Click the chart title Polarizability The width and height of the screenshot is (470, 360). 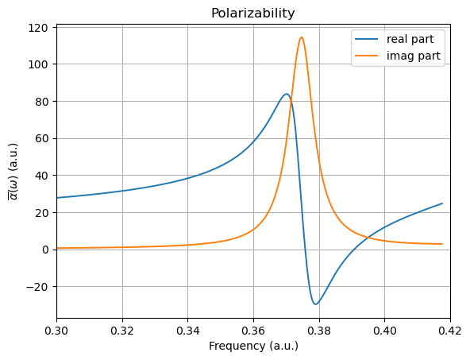tap(252, 14)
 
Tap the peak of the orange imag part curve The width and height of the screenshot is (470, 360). tap(301, 37)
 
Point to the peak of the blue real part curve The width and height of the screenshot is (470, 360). tap(287, 94)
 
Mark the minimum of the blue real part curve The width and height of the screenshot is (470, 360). tap(315, 304)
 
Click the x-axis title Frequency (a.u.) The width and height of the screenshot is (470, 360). tap(252, 346)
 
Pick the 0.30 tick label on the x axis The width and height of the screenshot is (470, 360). tap(56, 329)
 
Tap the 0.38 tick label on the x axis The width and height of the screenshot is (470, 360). tap(319, 329)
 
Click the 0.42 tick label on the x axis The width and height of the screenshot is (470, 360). tap(449, 329)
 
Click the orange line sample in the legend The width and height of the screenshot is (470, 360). tap(368, 56)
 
